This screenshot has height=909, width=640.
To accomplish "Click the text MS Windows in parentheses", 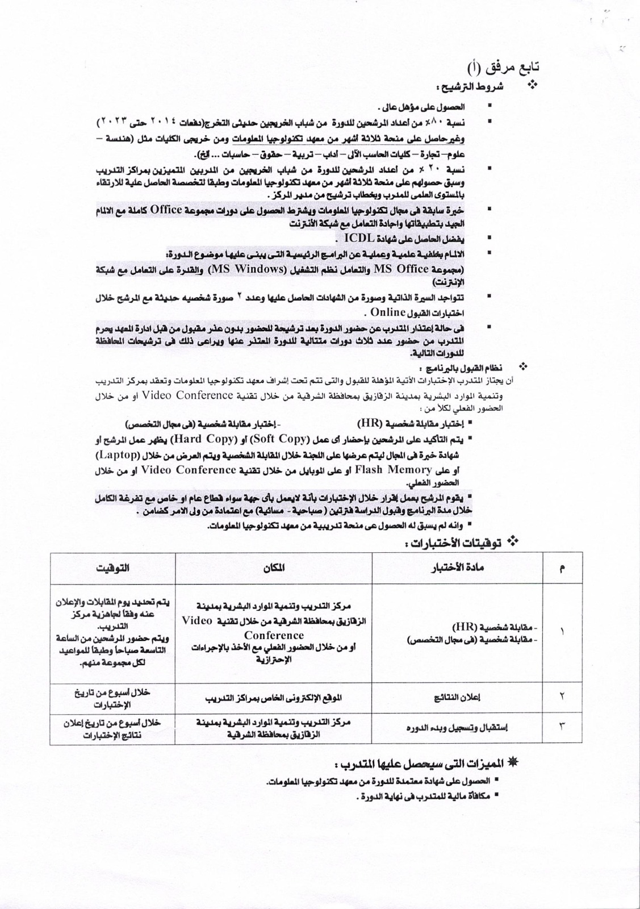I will pos(252,269).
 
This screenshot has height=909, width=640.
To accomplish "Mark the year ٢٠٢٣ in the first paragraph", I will pos(111,122).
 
